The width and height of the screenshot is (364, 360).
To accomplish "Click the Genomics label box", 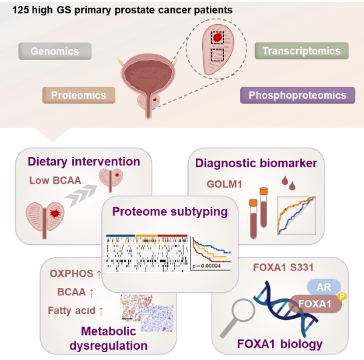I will pyautogui.click(x=55, y=51).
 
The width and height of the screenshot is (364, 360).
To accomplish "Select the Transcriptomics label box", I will pyautogui.click(x=302, y=51).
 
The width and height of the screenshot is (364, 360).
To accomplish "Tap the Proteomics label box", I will pyautogui.click(x=78, y=95).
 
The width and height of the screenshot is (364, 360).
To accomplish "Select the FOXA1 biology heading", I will pyautogui.click(x=280, y=344).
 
